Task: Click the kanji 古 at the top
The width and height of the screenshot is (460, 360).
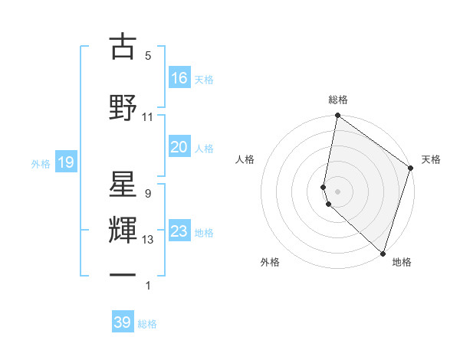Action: [x=123, y=47]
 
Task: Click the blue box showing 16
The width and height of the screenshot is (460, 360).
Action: [x=179, y=78]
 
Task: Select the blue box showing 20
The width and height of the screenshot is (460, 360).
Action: [x=179, y=147]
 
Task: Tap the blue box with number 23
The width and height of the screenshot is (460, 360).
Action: [x=179, y=231]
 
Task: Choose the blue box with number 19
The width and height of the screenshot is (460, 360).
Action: [x=65, y=162]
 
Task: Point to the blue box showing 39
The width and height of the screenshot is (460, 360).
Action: [x=123, y=322]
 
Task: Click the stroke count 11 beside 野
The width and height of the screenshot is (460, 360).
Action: [x=147, y=116]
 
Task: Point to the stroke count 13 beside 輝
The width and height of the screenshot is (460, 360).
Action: [x=147, y=240]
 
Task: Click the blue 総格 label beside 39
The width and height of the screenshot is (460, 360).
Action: [x=147, y=324]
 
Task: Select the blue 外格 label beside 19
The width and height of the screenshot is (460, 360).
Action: [x=41, y=163]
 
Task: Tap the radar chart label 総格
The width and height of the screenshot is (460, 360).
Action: [x=338, y=100]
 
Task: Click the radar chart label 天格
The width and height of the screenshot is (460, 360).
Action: [x=431, y=159]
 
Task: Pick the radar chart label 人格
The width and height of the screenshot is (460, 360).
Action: [x=245, y=159]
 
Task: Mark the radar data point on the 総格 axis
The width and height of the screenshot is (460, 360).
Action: [x=337, y=116]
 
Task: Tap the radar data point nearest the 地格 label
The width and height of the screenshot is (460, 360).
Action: [x=383, y=254]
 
